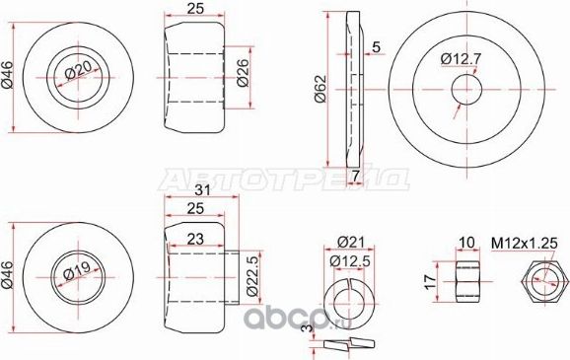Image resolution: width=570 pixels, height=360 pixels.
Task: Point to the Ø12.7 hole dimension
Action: click(x=460, y=60)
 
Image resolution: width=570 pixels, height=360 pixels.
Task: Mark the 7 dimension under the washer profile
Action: click(x=355, y=175)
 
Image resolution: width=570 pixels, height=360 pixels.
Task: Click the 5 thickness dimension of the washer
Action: click(x=377, y=46)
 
